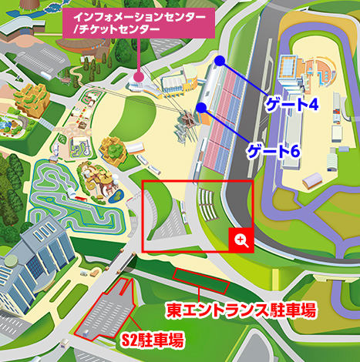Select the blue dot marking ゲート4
220,60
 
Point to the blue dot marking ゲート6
201,108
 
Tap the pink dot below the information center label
139,76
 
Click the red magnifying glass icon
241,240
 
